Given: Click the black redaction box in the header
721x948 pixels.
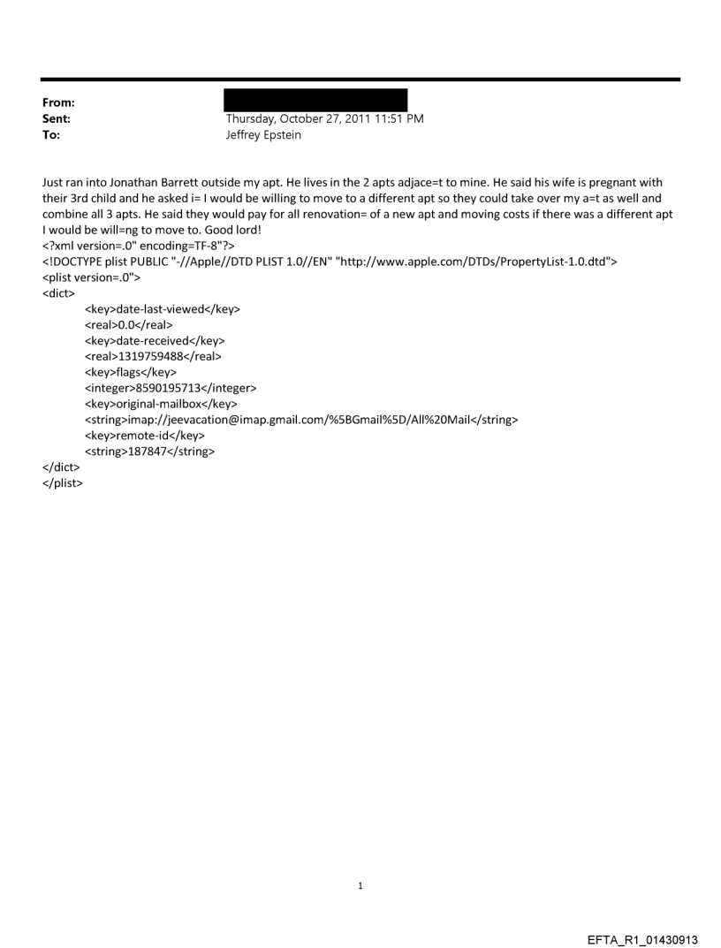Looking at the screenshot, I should pos(315,100).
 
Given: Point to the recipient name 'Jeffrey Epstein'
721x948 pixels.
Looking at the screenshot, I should pos(263,135).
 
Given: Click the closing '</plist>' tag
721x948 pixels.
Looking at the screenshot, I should pos(62,483).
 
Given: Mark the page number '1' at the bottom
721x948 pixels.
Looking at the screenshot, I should pos(360,884).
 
